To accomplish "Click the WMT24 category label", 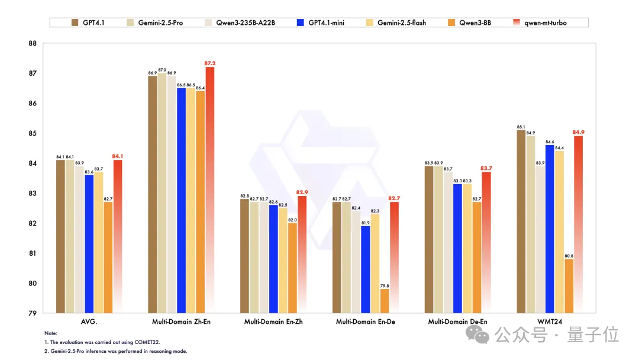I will point(549,322).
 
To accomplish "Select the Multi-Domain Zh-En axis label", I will point(180,322).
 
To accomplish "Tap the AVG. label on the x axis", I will point(89,322).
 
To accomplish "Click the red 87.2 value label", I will point(209,63).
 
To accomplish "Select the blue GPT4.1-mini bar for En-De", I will point(366,269).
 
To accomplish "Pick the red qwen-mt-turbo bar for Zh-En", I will point(209,189).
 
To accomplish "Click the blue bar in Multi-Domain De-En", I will point(458,248).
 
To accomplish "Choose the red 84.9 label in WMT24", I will point(578,132).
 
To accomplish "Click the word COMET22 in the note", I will point(146,342).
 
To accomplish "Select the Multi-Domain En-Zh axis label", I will point(273,322).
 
